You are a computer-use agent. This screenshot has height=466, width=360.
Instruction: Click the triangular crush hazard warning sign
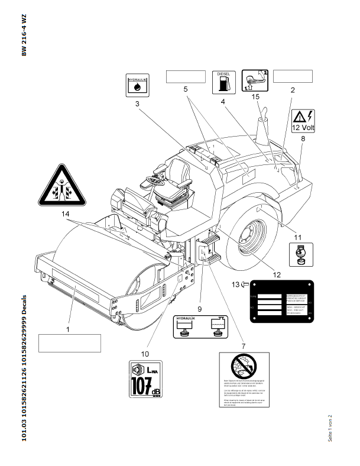61,183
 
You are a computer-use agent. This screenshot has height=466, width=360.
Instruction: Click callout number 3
137,104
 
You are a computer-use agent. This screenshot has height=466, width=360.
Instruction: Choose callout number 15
255,96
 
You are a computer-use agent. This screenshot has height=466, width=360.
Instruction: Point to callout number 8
303,138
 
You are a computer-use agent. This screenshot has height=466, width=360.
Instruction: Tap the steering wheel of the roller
158,176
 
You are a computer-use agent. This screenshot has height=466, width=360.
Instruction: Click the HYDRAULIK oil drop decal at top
138,86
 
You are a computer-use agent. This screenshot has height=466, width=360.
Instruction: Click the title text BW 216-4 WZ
24,35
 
